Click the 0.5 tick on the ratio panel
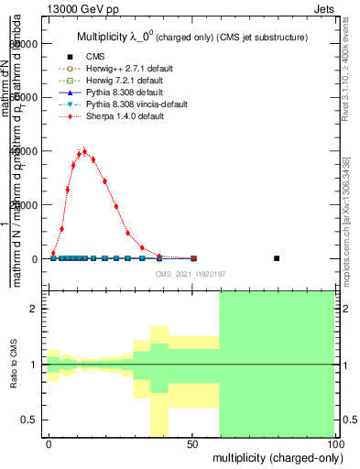pos(32,420)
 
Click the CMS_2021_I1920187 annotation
pos(191,274)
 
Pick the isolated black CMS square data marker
pos(278,258)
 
